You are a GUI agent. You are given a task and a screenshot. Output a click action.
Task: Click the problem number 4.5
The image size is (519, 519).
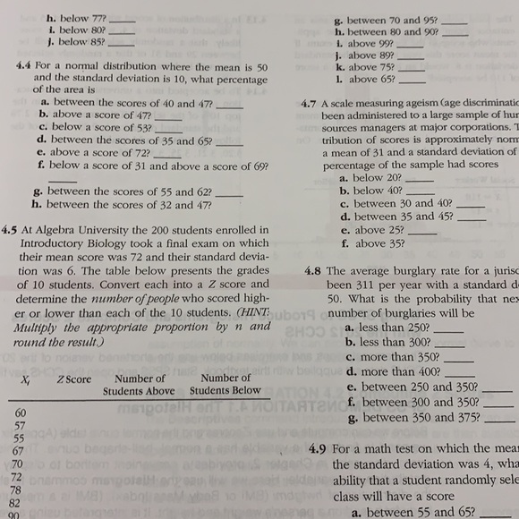point(16,228)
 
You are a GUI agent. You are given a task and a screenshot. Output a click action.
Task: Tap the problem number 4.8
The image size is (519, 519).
point(311,270)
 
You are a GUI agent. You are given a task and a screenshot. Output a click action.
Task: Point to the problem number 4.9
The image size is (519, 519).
point(318,448)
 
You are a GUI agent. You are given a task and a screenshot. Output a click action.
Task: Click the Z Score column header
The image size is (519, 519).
point(73,379)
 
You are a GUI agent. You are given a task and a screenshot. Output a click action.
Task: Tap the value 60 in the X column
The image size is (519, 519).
point(20,413)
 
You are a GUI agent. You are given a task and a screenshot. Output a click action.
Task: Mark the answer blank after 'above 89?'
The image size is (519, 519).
point(411,56)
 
